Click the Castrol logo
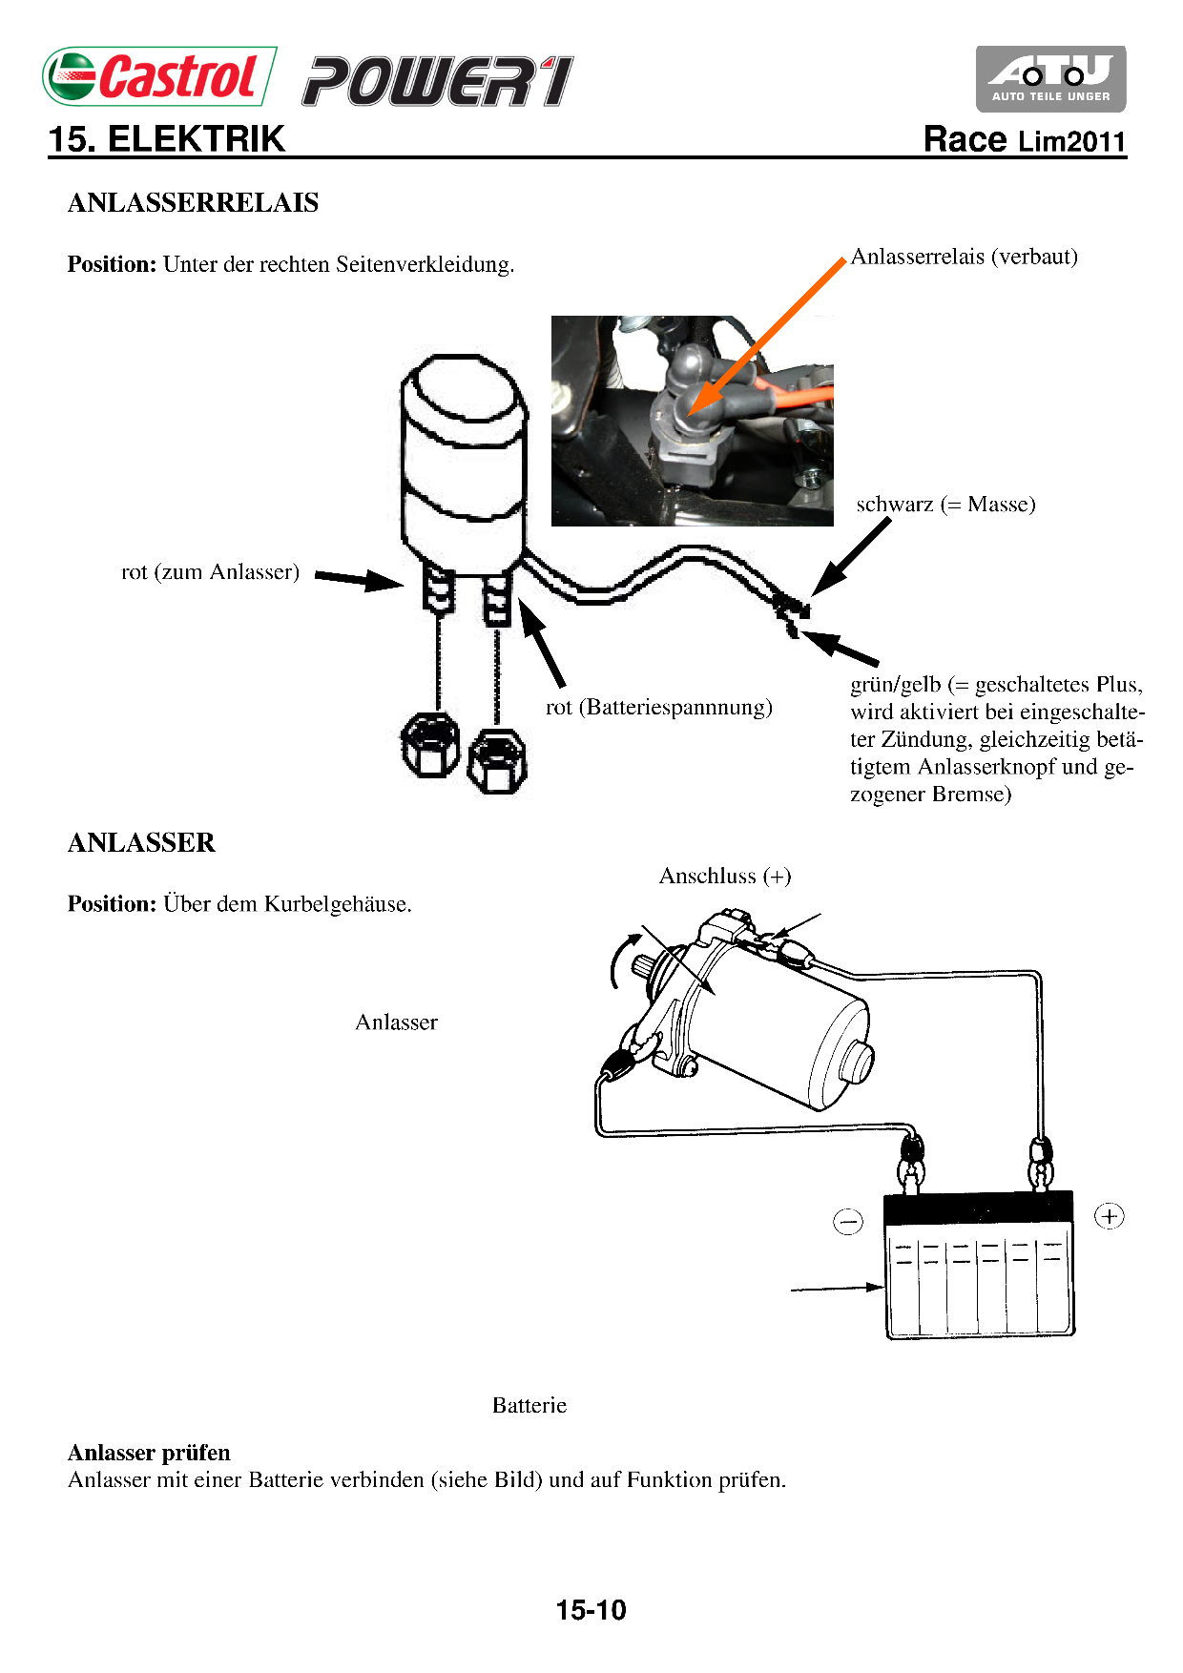pyautogui.click(x=159, y=76)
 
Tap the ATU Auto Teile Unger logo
pyautogui.click(x=1050, y=78)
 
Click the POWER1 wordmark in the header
pyautogui.click(x=438, y=81)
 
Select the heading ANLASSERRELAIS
pyautogui.click(x=193, y=203)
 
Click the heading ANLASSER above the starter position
pyautogui.click(x=141, y=843)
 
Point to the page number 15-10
pyautogui.click(x=591, y=1610)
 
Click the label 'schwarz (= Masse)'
pyautogui.click(x=944, y=505)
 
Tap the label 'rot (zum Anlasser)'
pyautogui.click(x=210, y=572)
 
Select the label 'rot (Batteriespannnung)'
pyautogui.click(x=658, y=708)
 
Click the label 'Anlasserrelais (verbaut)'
pyautogui.click(x=964, y=257)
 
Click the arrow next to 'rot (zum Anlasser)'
pyautogui.click(x=359, y=578)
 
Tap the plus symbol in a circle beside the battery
pyautogui.click(x=1109, y=1216)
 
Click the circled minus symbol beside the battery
pyautogui.click(x=847, y=1221)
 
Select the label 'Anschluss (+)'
pyautogui.click(x=725, y=877)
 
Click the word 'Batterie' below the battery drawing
pyautogui.click(x=529, y=1406)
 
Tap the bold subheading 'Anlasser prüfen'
pyautogui.click(x=149, y=1453)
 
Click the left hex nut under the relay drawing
pyautogui.click(x=429, y=745)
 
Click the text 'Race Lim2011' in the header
pyautogui.click(x=1025, y=140)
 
